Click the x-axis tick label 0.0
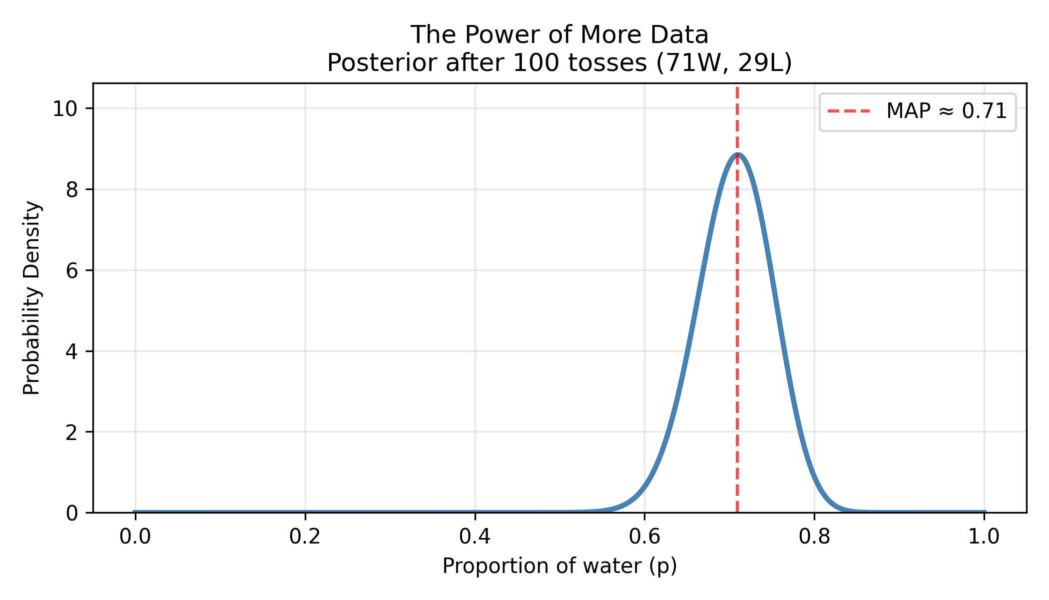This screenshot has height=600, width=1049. tap(135, 536)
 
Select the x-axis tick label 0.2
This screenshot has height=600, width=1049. tap(305, 536)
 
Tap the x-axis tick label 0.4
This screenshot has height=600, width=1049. tap(475, 536)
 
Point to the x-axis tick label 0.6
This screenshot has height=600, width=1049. tap(644, 536)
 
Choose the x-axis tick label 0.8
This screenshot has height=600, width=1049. tap(814, 536)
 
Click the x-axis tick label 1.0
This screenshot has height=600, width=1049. tap(984, 536)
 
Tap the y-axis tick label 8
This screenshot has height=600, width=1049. tap(72, 190)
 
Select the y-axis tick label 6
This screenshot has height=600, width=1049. tap(72, 271)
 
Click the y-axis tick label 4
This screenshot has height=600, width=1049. tap(72, 352)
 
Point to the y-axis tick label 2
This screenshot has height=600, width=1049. tap(72, 432)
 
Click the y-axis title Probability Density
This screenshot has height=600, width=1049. tap(32, 298)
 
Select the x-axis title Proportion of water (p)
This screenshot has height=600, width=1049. tap(559, 566)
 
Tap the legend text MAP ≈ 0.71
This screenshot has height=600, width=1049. tap(947, 111)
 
